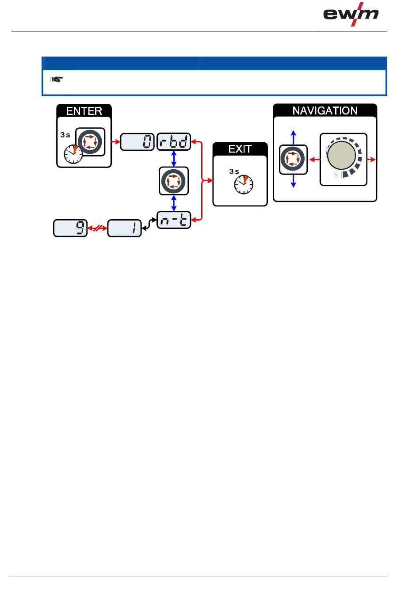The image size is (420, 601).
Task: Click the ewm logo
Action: (x=351, y=14)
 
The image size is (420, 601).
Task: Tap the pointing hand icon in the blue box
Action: (x=57, y=80)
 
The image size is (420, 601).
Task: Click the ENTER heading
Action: (x=84, y=111)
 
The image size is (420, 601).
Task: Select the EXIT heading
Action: (x=240, y=149)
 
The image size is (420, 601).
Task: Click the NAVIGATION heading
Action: (x=325, y=110)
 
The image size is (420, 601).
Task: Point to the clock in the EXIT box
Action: (x=244, y=185)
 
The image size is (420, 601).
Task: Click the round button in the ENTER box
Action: (x=90, y=142)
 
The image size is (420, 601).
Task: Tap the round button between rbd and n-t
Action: (x=174, y=181)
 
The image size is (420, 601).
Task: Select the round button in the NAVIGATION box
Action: (x=293, y=159)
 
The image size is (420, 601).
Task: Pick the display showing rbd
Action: (x=174, y=142)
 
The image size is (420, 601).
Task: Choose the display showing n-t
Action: (x=174, y=220)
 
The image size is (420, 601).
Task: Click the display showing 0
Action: (x=137, y=142)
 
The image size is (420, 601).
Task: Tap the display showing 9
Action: (x=70, y=228)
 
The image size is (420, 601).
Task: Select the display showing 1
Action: (x=124, y=228)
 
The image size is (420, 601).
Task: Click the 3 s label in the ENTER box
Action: (x=65, y=135)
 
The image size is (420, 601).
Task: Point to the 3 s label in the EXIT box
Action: (x=234, y=171)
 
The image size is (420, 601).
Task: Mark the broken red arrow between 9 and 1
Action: (x=97, y=228)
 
